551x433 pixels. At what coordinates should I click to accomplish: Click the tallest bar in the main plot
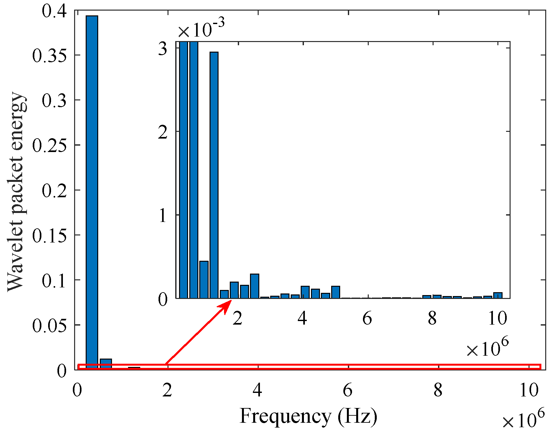pos(92,192)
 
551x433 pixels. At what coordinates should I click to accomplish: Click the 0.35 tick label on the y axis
pos(49,55)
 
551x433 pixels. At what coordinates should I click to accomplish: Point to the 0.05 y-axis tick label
pos(49,326)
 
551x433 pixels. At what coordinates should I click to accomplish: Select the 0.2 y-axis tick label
pos(54,191)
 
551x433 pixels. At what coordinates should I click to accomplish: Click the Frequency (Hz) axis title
pos(308,416)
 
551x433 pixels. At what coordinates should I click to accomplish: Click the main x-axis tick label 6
pos(348,390)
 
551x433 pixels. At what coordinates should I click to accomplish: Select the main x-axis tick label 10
pos(528,390)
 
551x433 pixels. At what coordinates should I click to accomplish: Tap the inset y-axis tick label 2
pos(163,132)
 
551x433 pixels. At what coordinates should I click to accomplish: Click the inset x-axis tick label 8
pos(432,318)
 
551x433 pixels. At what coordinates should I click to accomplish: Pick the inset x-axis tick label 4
pos(302,318)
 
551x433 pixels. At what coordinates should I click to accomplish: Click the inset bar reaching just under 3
pos(214,175)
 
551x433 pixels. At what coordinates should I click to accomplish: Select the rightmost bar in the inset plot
pos(498,295)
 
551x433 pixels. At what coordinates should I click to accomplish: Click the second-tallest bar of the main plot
pos(106,364)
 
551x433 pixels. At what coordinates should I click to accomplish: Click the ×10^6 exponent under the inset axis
pos(487,348)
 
